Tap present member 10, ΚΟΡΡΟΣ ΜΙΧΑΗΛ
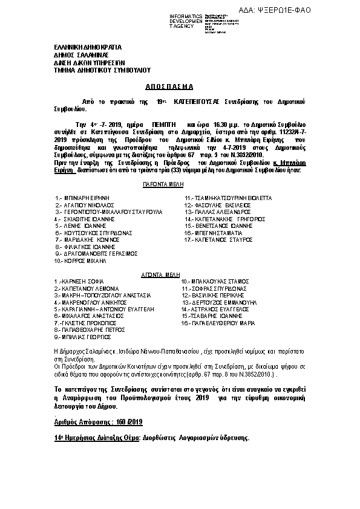pos(80,261)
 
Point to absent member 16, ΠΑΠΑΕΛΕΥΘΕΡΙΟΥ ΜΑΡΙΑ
pos(218,323)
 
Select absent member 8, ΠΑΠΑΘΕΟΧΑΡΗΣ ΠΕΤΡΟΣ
pos(88,331)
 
